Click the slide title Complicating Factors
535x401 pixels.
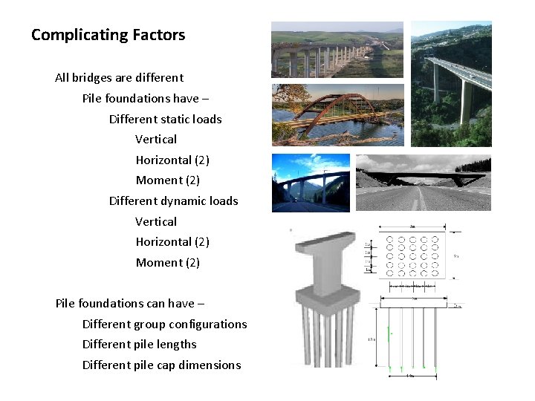pyautogui.click(x=108, y=35)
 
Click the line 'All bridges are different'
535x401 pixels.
pyautogui.click(x=119, y=77)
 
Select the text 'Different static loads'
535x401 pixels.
pyautogui.click(x=165, y=119)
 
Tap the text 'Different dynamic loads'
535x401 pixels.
pyautogui.click(x=173, y=200)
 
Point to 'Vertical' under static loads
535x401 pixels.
pyautogui.click(x=156, y=139)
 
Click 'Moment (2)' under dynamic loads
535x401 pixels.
pyautogui.click(x=168, y=262)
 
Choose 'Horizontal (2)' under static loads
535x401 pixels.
pyautogui.click(x=172, y=160)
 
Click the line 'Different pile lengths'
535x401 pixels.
pyautogui.click(x=139, y=344)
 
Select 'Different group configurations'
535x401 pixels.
pyautogui.click(x=164, y=324)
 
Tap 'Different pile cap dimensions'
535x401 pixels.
pyautogui.click(x=161, y=365)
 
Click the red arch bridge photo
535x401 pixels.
pyautogui.click(x=337, y=114)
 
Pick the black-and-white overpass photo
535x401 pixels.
pyautogui.click(x=423, y=183)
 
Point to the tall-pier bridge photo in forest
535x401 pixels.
pyautogui.click(x=451, y=83)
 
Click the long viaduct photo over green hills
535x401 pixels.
pyautogui.click(x=337, y=50)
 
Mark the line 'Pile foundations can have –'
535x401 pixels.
pyautogui.click(x=129, y=303)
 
